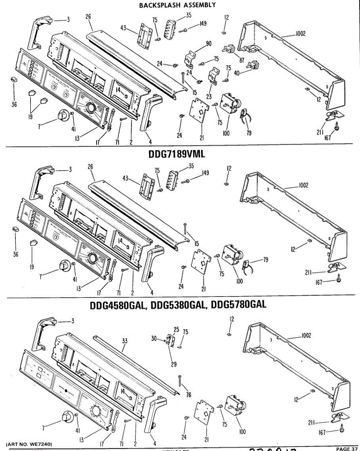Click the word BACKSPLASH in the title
point(154,5)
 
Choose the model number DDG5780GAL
point(239,304)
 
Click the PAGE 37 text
point(346,448)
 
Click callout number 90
point(209,44)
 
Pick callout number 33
point(125,341)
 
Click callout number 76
point(189,394)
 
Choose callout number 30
point(154,339)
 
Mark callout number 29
point(174,363)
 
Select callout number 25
point(176,330)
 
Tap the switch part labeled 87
point(228,49)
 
